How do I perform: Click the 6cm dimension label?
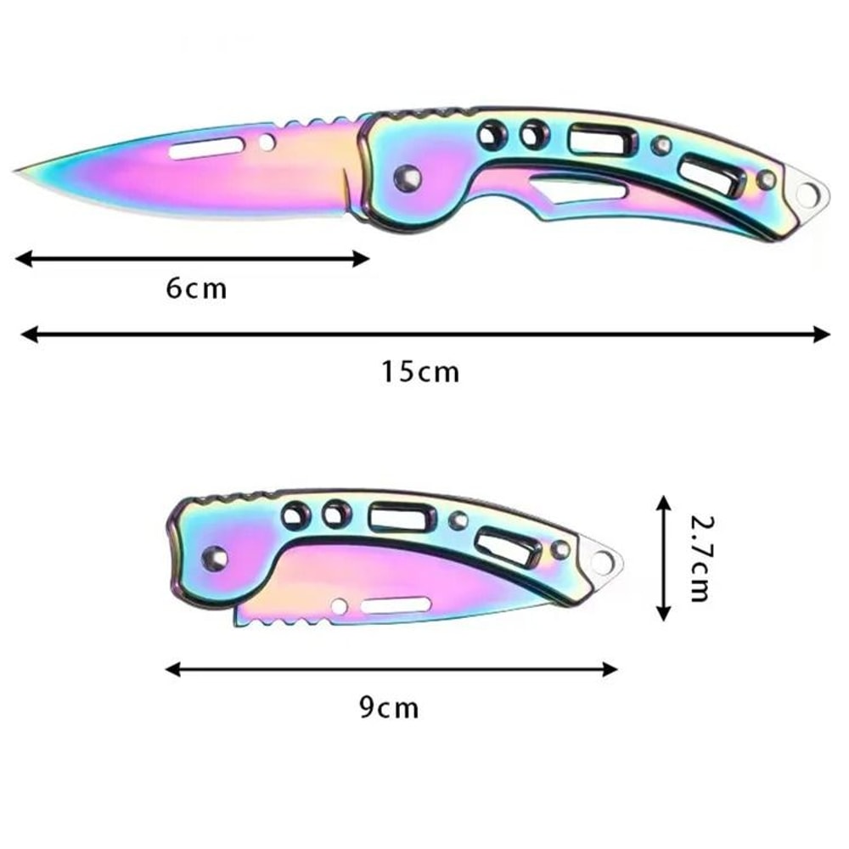(197, 289)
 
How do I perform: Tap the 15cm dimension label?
(419, 371)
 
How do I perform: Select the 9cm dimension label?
(389, 707)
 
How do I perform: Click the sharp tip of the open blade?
(17, 171)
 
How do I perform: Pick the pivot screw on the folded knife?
(215, 558)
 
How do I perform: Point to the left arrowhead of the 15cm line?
(25, 335)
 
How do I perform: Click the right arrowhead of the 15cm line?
(824, 335)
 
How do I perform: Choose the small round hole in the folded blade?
(339, 606)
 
